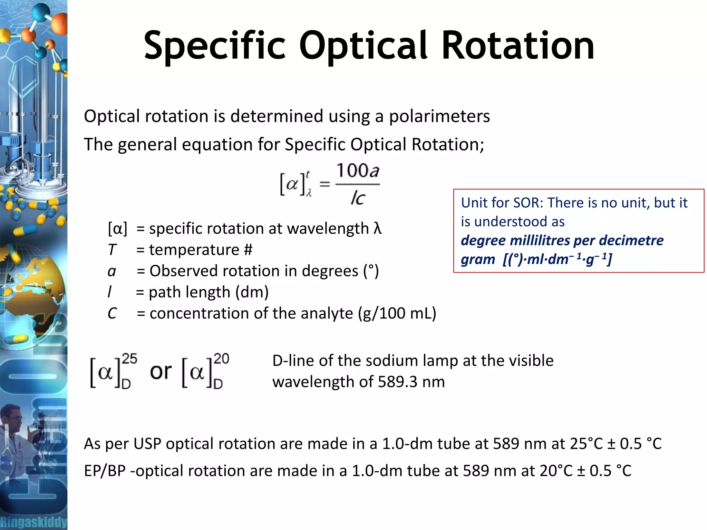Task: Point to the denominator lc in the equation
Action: (x=358, y=198)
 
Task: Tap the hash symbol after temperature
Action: (x=248, y=250)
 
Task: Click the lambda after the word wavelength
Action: (x=377, y=228)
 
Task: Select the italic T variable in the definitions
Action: (x=112, y=250)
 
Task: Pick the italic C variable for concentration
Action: (x=112, y=314)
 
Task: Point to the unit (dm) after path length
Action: (x=252, y=292)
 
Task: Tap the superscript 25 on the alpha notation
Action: (x=130, y=359)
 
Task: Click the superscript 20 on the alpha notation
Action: (x=221, y=359)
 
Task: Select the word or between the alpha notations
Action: (x=161, y=372)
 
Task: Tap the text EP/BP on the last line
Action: (x=105, y=471)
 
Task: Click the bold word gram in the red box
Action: (x=478, y=259)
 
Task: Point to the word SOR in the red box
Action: (x=525, y=203)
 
